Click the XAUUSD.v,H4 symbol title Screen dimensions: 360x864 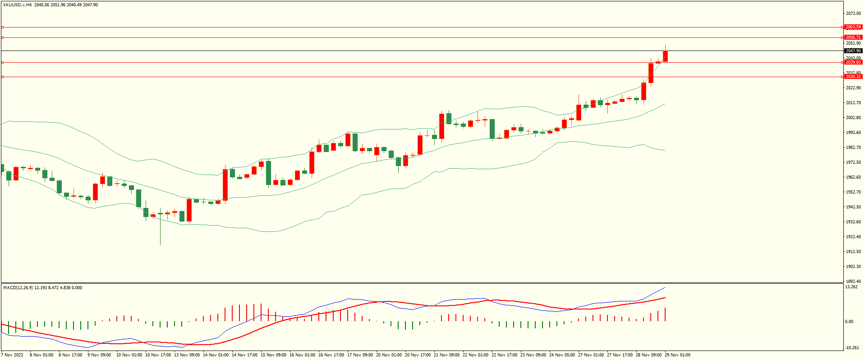(17, 5)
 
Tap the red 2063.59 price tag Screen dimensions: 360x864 (853, 27)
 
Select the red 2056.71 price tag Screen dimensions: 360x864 (853, 37)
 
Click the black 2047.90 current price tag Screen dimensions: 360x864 (853, 51)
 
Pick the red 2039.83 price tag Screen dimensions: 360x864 (853, 62)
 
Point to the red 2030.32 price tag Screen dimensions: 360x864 (853, 77)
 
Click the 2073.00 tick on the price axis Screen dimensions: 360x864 (853, 14)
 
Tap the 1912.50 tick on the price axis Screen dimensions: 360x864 (853, 252)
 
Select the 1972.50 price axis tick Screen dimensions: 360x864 (853, 162)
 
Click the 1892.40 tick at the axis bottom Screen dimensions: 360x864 (853, 281)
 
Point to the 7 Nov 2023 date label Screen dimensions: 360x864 (12, 355)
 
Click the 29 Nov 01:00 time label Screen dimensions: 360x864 (677, 355)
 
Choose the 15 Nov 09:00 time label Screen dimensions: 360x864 (273, 355)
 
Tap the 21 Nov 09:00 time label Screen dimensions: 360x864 (446, 355)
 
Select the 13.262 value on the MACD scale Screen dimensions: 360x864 (851, 287)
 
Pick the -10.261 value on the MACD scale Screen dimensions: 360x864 (851, 348)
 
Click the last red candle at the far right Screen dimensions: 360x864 (665, 56)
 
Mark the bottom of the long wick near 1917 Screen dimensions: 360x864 (160, 244)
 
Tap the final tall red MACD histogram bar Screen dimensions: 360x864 (665, 314)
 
